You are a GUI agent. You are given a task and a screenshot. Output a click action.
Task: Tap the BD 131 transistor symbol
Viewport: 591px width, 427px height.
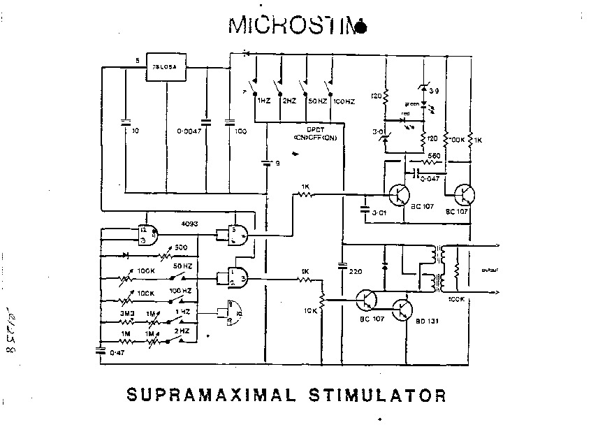point(403,310)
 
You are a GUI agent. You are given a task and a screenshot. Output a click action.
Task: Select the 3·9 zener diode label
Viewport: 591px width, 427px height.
point(435,91)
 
